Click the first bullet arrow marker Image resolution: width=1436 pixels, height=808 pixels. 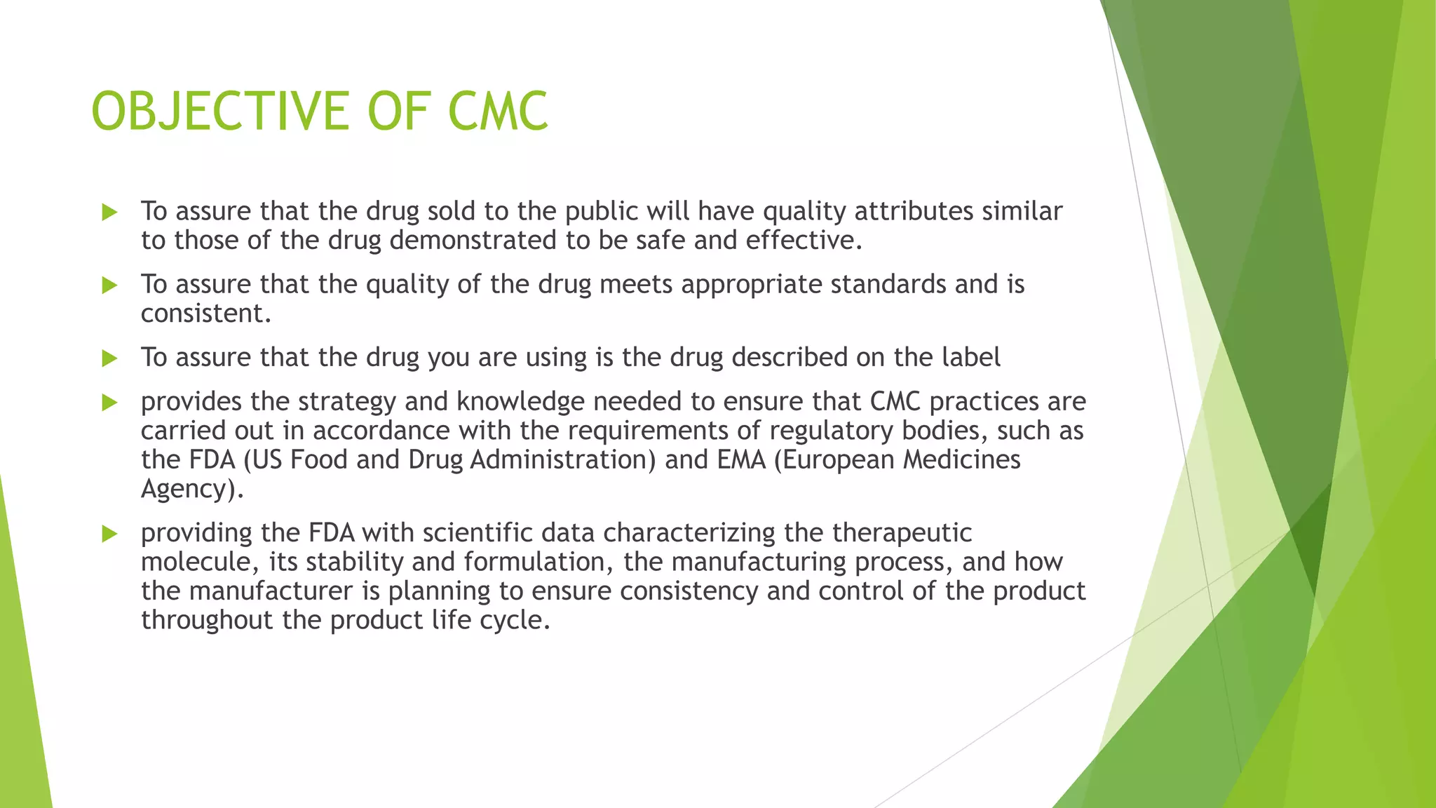point(109,212)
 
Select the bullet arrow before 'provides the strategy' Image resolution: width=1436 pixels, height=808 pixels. point(109,402)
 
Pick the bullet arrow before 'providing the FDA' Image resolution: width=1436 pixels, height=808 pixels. point(109,533)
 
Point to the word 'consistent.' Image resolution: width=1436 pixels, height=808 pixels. point(205,314)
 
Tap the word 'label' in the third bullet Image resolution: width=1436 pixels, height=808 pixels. point(970,358)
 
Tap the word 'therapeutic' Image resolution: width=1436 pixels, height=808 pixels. point(902,533)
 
